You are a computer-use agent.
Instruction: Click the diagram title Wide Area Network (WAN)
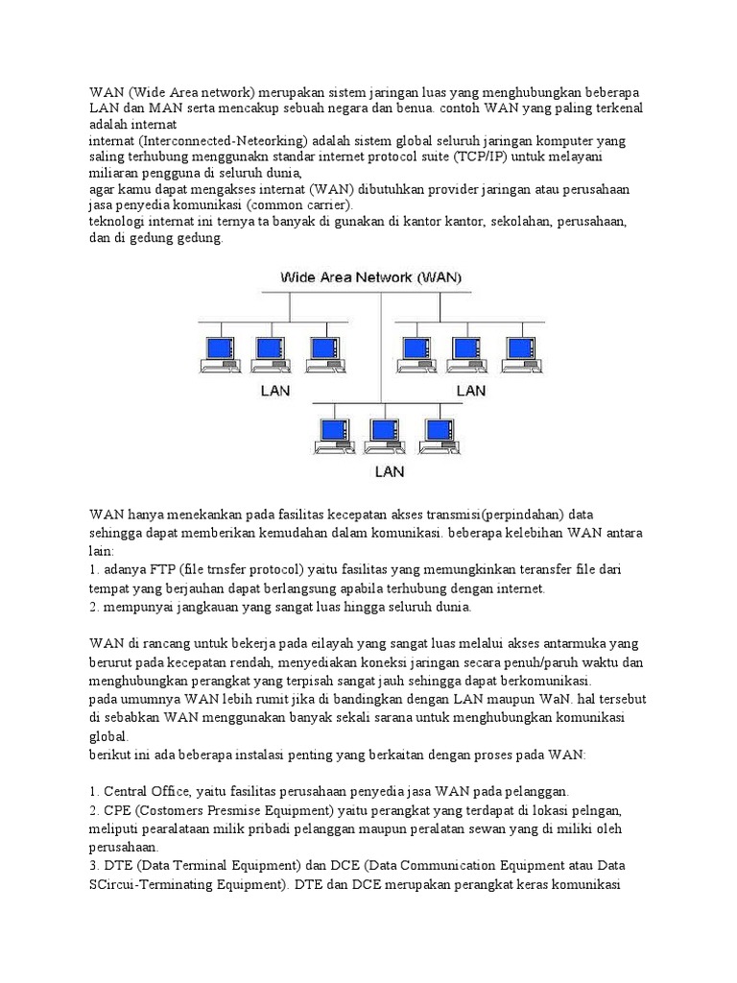pyautogui.click(x=370, y=277)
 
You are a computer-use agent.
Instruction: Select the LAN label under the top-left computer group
pyautogui.click(x=277, y=391)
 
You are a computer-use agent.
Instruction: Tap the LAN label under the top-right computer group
pyautogui.click(x=470, y=391)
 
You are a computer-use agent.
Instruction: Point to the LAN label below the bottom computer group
pyautogui.click(x=389, y=471)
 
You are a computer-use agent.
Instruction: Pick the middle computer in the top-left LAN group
pyautogui.click(x=269, y=352)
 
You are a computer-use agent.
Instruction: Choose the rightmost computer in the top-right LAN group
pyautogui.click(x=520, y=352)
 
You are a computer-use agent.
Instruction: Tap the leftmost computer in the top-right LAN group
pyautogui.click(x=415, y=352)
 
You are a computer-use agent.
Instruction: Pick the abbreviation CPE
pyautogui.click(x=120, y=809)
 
